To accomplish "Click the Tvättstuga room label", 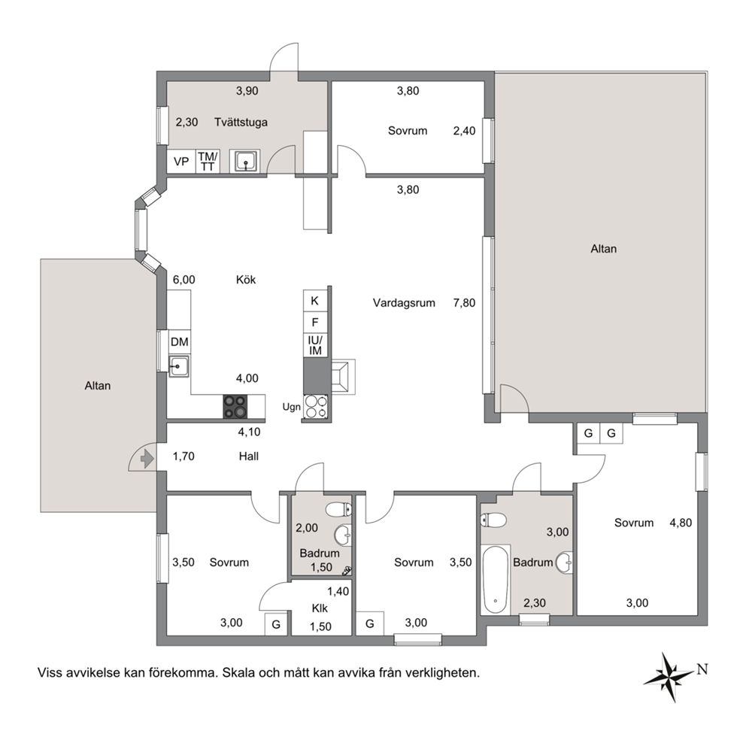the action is coord(241,123).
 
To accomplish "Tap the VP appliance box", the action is coord(181,162).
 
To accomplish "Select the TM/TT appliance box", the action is coord(208,162).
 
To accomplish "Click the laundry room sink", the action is coord(244,161).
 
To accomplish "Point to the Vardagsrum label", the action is coord(404,303).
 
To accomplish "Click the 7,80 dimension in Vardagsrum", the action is coord(464,303).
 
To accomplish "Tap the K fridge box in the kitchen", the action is coord(315,301).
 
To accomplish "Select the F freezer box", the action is coord(315,323).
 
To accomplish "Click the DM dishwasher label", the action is coord(180,341).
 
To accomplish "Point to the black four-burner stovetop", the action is coord(235,407).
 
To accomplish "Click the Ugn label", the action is coord(291,408).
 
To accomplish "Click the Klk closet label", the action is coord(320,608).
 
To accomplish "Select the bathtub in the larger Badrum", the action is coord(496,580).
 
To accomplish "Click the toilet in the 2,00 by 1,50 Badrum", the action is coord(338,510).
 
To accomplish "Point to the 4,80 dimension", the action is coord(681,523).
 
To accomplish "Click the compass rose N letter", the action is coord(702,669).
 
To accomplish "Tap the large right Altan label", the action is coord(603,249).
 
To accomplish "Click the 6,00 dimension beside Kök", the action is coord(183,280).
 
